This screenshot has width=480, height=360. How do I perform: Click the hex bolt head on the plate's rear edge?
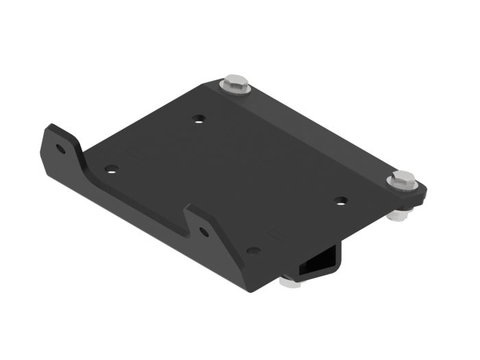(x=235, y=82)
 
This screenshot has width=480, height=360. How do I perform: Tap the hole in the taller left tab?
(x=61, y=148)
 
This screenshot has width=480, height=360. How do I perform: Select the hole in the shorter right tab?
(x=204, y=232)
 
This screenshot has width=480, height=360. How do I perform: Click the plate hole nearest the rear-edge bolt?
(x=198, y=119)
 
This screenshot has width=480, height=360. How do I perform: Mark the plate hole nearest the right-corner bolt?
(x=341, y=201)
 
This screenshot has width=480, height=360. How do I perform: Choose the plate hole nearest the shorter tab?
(x=253, y=251)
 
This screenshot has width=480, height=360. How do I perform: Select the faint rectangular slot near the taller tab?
(x=135, y=150)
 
